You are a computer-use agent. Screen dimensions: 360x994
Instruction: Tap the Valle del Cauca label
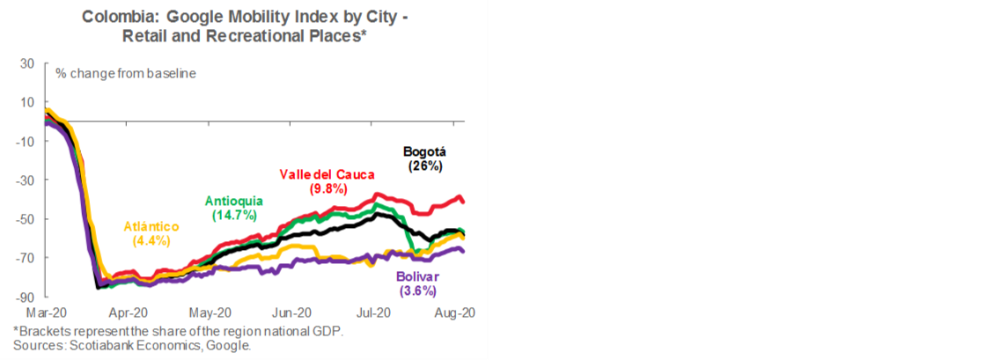314,174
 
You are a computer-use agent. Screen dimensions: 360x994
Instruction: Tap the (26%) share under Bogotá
423,165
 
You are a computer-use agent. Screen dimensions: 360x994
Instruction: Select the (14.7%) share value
233,213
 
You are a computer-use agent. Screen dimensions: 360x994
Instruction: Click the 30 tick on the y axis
26,63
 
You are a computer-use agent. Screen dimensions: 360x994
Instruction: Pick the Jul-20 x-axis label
373,312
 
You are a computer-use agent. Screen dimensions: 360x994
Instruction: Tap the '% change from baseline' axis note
125,73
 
